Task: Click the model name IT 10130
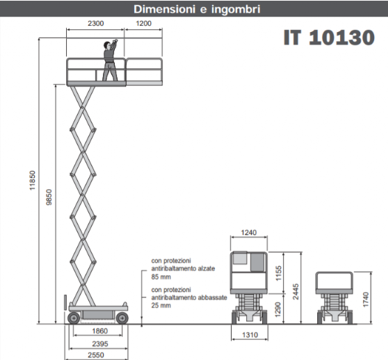(329, 38)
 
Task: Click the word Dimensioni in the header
(164, 10)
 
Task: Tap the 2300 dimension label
(95, 23)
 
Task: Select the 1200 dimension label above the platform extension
(143, 23)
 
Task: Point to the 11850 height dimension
(33, 181)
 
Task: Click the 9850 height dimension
(49, 197)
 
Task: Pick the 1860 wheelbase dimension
(99, 331)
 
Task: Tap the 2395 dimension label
(100, 344)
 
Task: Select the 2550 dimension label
(96, 355)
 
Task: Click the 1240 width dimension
(249, 232)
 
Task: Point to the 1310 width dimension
(250, 335)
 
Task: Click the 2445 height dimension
(296, 292)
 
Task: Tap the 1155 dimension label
(278, 273)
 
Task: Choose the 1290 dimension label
(278, 309)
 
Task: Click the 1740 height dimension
(366, 300)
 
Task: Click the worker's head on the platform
(107, 45)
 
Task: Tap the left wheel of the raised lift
(74, 318)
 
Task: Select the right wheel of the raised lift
(122, 318)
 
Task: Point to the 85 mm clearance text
(161, 277)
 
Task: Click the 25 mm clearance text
(161, 305)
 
